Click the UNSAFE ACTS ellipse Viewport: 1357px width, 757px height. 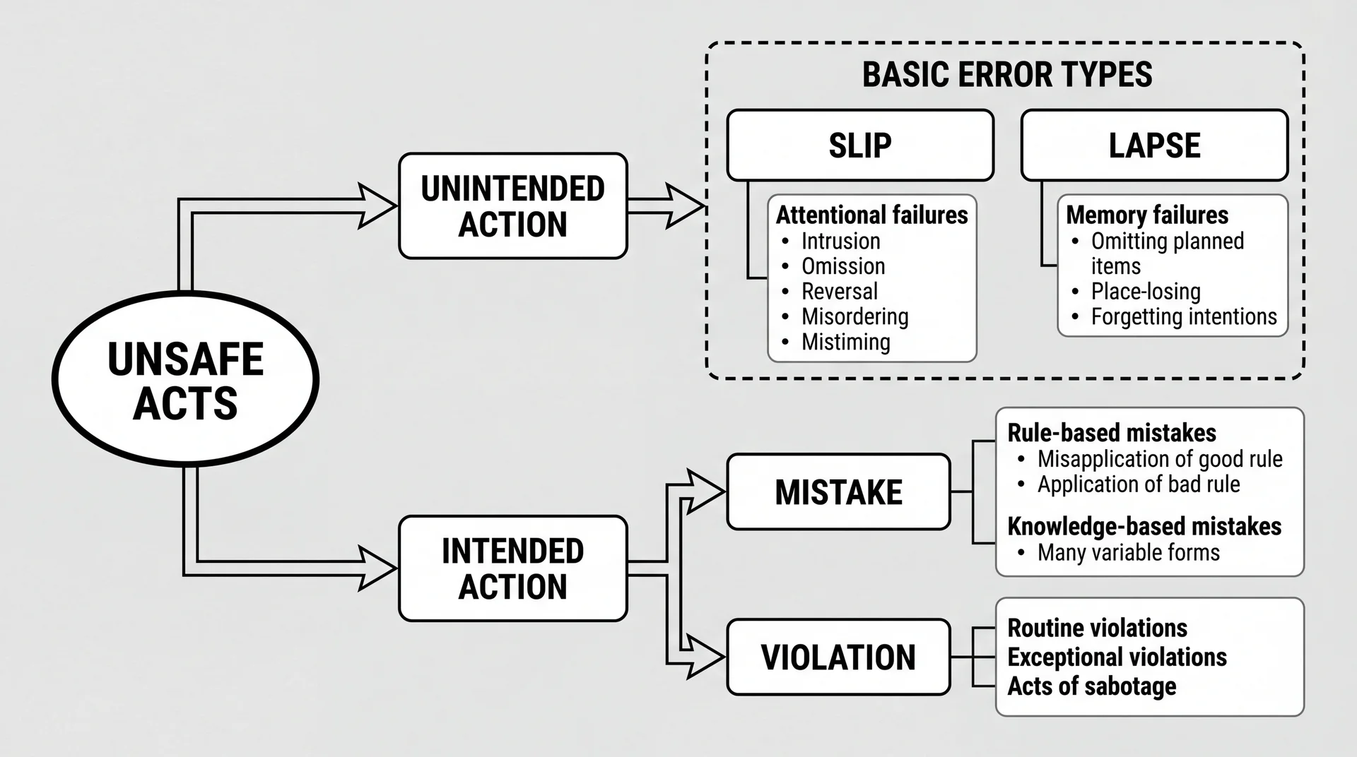pos(185,380)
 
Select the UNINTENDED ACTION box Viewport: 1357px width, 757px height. pos(512,206)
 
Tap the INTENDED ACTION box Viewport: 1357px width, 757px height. pos(512,568)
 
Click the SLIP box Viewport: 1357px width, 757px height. pos(860,145)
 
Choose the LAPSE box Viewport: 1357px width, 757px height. pos(1154,145)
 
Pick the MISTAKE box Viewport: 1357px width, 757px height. pos(838,492)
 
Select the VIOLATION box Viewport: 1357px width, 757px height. pos(838,657)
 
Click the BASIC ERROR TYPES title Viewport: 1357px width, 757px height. pos(1006,75)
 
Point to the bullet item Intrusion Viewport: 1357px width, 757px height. pos(840,242)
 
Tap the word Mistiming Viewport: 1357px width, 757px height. pos(845,342)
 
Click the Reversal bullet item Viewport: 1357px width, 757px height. pos(839,292)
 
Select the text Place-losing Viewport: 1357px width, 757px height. pos(1145,292)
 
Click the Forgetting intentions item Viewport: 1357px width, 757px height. pos(1183,317)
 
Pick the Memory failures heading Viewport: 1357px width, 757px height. pos(1146,215)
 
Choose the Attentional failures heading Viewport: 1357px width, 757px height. pos(871,215)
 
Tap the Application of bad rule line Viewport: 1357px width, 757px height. pos(1138,484)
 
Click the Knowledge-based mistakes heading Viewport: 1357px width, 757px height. pos(1144,527)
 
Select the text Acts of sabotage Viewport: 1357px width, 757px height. pos(1091,686)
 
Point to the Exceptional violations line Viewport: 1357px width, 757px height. pos(1117,657)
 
